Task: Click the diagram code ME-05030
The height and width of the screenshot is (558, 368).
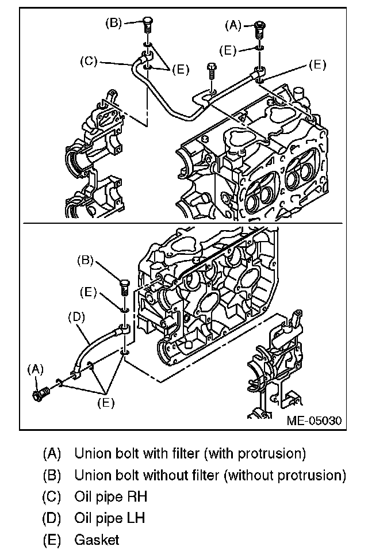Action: (x=314, y=421)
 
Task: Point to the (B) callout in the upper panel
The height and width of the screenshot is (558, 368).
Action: (x=113, y=23)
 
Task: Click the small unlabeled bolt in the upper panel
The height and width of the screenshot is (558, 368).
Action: (x=211, y=71)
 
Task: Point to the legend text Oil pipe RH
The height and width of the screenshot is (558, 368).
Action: (x=110, y=496)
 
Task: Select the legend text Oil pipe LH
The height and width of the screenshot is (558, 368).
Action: (x=109, y=518)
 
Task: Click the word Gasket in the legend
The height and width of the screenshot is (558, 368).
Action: (x=97, y=540)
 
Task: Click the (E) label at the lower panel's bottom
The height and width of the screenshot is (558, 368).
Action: (x=106, y=403)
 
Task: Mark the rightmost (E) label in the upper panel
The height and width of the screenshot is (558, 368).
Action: (x=317, y=64)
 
